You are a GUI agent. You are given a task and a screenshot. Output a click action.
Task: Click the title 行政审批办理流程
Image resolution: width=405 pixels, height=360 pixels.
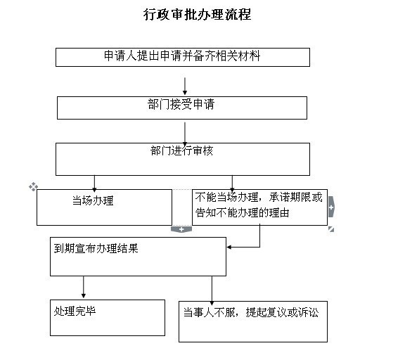[197, 15]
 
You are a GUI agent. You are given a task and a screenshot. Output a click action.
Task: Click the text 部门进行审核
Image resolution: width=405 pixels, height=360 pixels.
[181, 150]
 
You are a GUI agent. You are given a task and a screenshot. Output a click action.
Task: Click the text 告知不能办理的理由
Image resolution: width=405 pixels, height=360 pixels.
[242, 213]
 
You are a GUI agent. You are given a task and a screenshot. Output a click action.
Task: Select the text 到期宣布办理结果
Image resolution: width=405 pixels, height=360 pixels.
[96, 248]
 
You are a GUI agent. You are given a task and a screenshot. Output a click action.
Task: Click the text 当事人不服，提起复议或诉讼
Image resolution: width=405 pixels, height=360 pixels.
[251, 312]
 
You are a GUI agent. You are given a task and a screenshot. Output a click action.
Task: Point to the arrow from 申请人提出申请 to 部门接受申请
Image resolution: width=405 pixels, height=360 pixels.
[185, 86]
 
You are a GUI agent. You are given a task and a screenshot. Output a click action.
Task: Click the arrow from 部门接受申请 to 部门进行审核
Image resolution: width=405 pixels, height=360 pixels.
[185, 134]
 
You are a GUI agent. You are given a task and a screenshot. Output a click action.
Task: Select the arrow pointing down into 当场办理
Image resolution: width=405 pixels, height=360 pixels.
[94, 184]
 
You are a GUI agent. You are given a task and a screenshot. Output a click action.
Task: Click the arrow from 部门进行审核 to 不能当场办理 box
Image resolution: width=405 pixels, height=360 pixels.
[232, 184]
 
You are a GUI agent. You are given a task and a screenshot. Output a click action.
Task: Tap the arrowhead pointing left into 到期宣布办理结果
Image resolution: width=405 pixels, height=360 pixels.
[229, 247]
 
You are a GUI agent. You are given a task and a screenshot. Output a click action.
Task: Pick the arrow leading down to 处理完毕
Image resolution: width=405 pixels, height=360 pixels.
[83, 287]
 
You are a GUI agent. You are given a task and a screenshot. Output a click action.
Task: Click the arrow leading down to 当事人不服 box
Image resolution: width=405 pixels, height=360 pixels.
[212, 290]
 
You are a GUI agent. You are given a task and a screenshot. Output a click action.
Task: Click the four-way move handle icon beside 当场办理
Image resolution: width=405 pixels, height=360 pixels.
[33, 186]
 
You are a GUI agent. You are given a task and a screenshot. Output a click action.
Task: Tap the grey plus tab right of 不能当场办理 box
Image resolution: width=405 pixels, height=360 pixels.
[331, 207]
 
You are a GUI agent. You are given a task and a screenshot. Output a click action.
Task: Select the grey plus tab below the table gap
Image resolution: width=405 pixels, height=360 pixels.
[181, 229]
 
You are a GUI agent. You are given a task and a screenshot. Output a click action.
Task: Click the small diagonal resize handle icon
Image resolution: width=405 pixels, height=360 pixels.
[331, 229]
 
